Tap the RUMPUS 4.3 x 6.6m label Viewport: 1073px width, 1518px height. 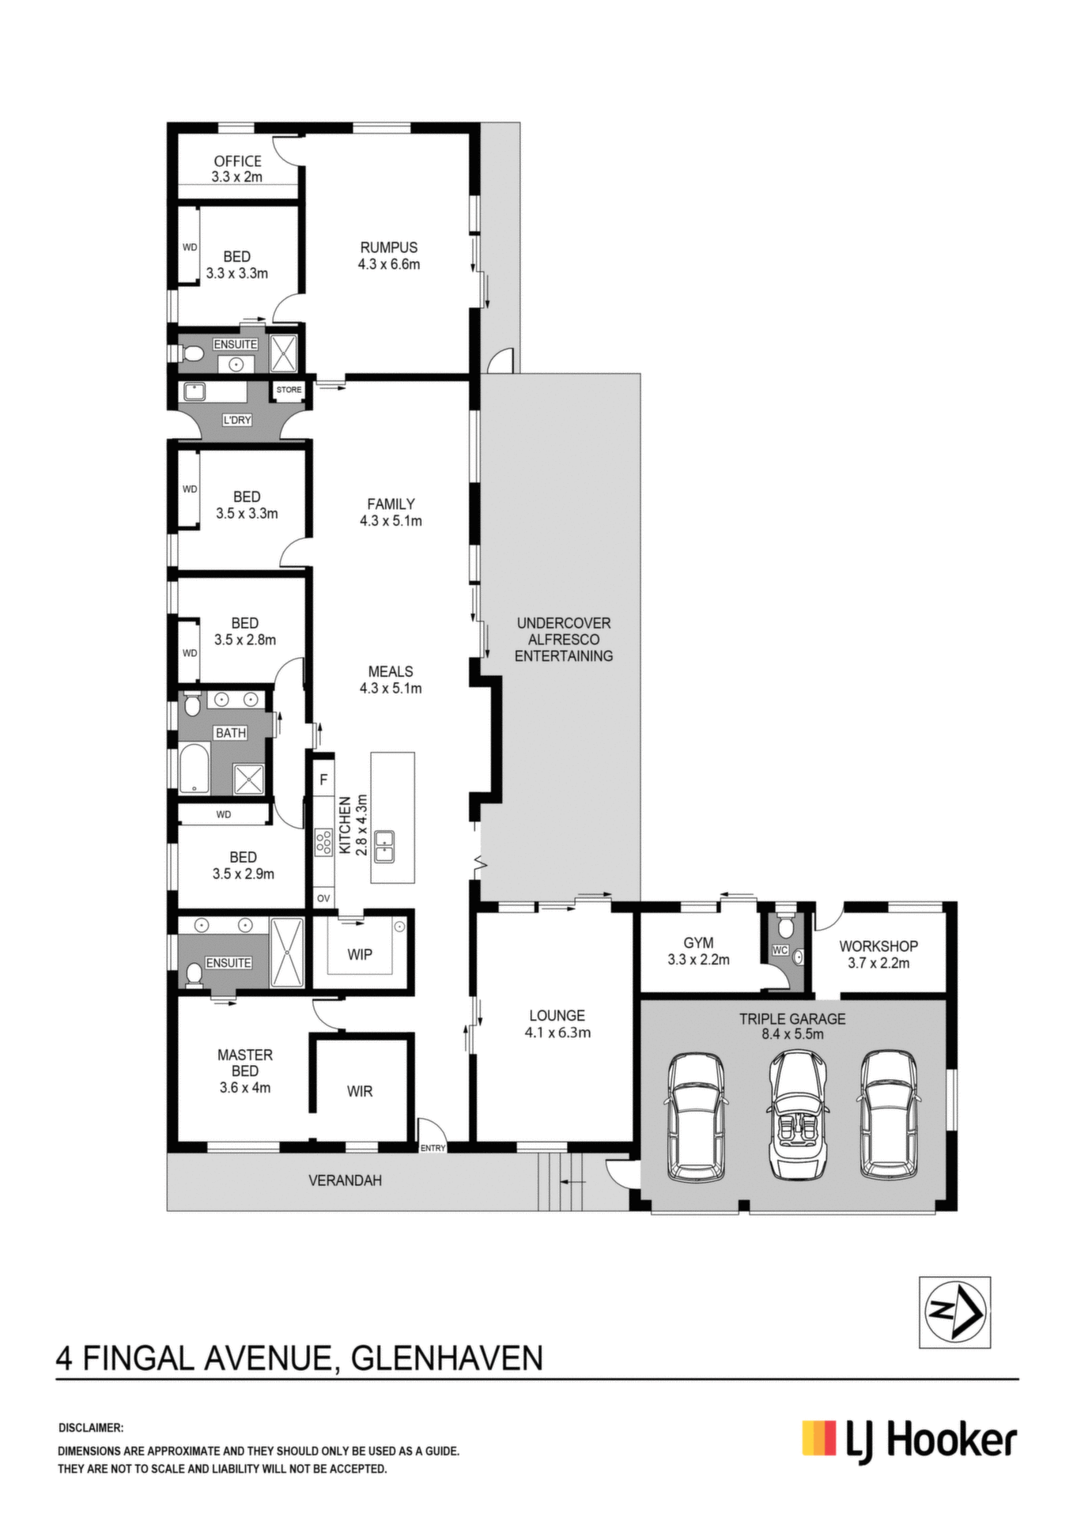click(389, 255)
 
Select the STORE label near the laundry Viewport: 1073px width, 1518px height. click(289, 390)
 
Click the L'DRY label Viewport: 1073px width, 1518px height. click(236, 420)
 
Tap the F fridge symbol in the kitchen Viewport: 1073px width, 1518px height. click(323, 780)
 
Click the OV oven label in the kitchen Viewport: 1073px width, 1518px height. click(323, 898)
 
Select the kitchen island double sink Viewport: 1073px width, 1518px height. click(385, 847)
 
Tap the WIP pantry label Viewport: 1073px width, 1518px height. click(360, 954)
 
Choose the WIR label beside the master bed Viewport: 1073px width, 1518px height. click(360, 1091)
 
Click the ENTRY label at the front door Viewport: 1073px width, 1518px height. click(433, 1148)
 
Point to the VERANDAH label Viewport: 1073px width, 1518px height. click(345, 1180)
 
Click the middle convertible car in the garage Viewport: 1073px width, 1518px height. click(798, 1115)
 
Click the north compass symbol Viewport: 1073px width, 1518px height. click(954, 1312)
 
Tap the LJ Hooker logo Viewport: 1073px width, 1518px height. click(909, 1440)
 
